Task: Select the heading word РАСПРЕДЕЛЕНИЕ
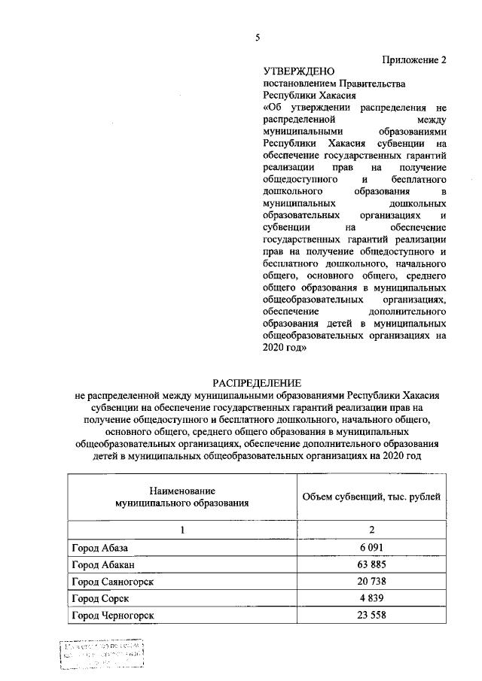[257, 384]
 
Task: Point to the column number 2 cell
[371, 531]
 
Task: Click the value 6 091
[371, 549]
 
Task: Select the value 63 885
[371, 564]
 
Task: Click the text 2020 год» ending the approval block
[284, 348]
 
